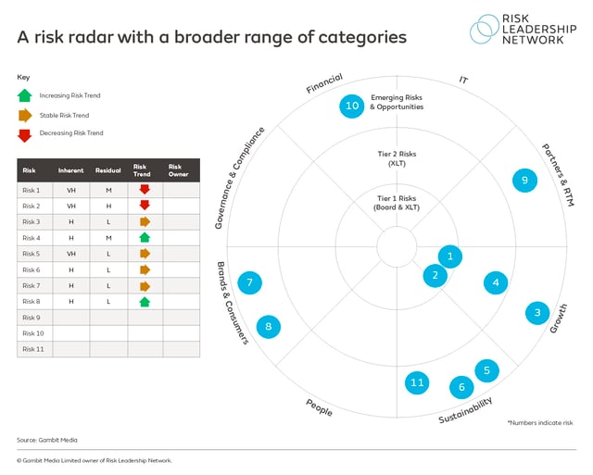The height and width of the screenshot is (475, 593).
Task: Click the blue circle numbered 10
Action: tap(352, 106)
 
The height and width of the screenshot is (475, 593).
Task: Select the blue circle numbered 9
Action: tap(524, 181)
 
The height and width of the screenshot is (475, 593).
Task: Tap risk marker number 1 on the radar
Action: tap(449, 256)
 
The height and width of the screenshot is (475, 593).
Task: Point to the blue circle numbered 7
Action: tap(249, 282)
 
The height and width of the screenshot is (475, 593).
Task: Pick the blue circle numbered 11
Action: tap(418, 382)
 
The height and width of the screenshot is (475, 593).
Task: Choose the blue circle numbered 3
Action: tap(537, 314)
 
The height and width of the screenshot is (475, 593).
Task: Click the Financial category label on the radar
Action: tap(325, 83)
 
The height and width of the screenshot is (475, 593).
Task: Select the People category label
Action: tap(319, 406)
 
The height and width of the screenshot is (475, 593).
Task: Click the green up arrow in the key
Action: tap(25, 95)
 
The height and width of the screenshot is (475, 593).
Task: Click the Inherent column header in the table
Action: tap(71, 170)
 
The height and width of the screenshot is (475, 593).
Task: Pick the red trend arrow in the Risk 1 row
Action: tap(145, 190)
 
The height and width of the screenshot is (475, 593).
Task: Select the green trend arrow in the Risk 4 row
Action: tap(145, 238)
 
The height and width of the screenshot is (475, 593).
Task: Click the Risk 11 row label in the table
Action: tap(33, 349)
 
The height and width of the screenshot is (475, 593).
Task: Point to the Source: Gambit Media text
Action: tap(44, 439)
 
